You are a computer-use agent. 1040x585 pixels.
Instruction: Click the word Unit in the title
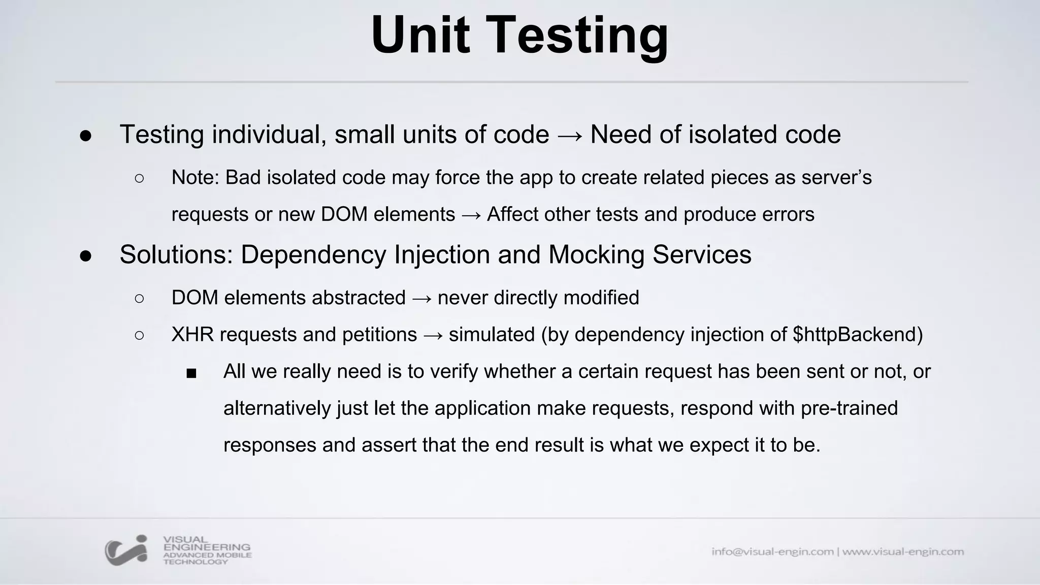(420, 36)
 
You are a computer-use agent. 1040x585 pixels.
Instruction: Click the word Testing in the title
(578, 37)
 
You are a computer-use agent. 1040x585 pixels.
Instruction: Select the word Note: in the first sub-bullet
(195, 178)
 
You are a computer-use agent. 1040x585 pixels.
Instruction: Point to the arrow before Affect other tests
(471, 215)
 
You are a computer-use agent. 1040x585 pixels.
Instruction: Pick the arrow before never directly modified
(421, 298)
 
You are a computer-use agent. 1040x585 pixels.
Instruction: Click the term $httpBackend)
(857, 335)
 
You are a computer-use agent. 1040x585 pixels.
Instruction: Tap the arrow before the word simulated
(433, 335)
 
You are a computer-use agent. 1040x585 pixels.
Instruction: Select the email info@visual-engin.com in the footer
(772, 551)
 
